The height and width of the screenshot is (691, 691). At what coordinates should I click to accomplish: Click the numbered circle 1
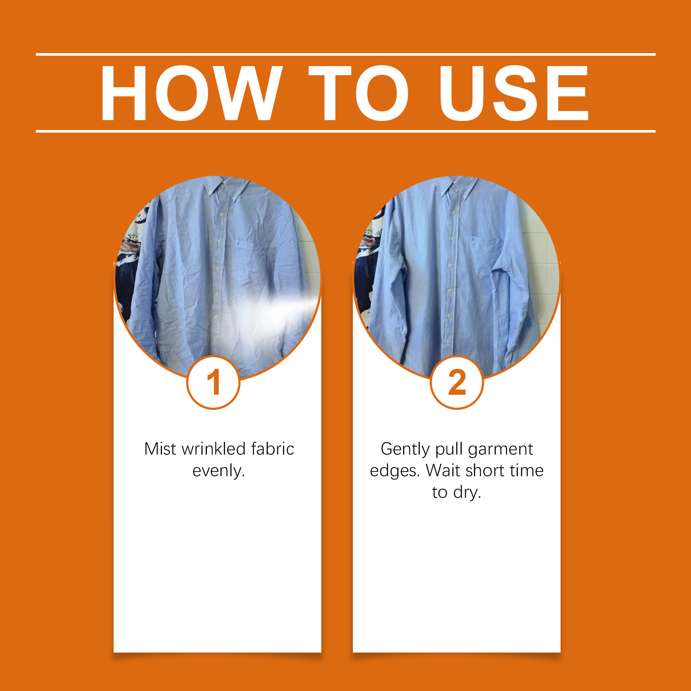pos(213,382)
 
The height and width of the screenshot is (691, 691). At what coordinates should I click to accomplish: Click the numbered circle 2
pos(457,382)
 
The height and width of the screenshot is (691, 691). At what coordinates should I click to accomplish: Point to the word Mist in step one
pos(160,449)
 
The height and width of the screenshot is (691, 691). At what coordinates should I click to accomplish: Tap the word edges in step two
pos(393,471)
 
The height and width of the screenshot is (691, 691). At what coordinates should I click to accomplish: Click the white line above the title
pos(345,54)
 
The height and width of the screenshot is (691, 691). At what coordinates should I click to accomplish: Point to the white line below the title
pos(345,131)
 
